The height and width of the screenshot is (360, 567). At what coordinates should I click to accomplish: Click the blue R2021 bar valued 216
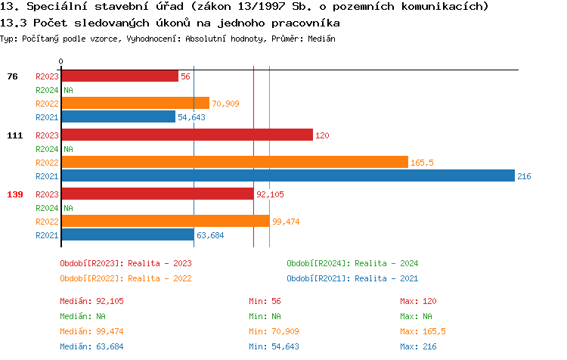click(x=288, y=176)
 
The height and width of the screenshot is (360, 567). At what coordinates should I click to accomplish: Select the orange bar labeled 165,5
click(x=234, y=163)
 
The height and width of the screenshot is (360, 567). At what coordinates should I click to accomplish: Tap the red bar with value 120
click(x=187, y=135)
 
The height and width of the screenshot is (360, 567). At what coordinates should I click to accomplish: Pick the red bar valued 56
click(x=119, y=76)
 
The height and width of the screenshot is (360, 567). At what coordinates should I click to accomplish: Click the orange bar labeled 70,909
click(x=135, y=104)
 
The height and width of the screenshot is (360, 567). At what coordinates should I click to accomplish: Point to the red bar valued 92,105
click(x=157, y=194)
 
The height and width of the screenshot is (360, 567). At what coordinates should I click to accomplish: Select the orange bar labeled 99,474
click(x=165, y=221)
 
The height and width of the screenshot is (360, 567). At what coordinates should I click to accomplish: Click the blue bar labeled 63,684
click(x=127, y=235)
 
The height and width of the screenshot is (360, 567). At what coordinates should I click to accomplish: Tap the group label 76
click(x=12, y=76)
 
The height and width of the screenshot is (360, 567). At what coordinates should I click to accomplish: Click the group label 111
click(x=14, y=135)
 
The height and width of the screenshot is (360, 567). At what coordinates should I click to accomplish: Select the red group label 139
click(x=14, y=194)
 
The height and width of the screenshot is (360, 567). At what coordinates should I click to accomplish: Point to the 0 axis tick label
click(x=61, y=62)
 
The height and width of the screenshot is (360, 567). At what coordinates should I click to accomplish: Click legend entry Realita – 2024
click(x=352, y=263)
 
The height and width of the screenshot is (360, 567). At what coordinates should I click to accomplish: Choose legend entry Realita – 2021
click(x=352, y=278)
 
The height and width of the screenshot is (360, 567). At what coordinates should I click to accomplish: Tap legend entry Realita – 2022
click(x=125, y=278)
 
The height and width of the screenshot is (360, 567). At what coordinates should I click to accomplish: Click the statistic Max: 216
click(x=419, y=346)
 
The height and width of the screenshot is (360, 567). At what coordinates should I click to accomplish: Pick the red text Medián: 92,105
click(x=91, y=301)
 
